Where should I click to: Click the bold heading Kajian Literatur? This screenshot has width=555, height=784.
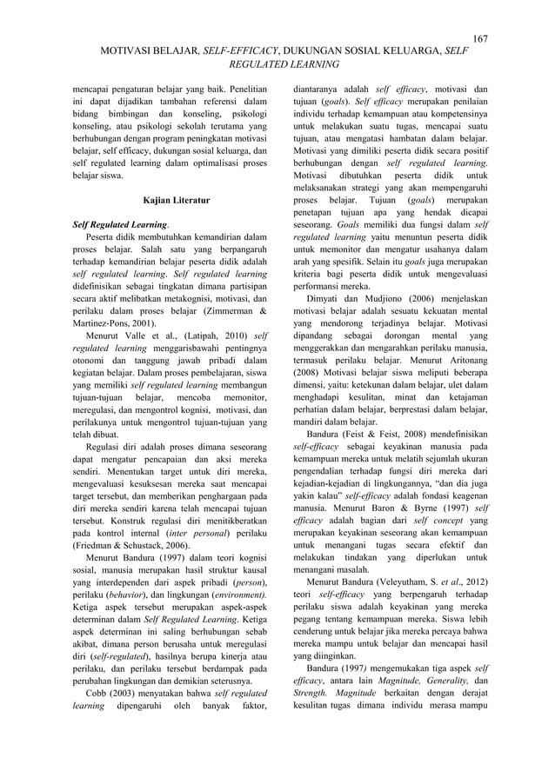coord(177,201)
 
